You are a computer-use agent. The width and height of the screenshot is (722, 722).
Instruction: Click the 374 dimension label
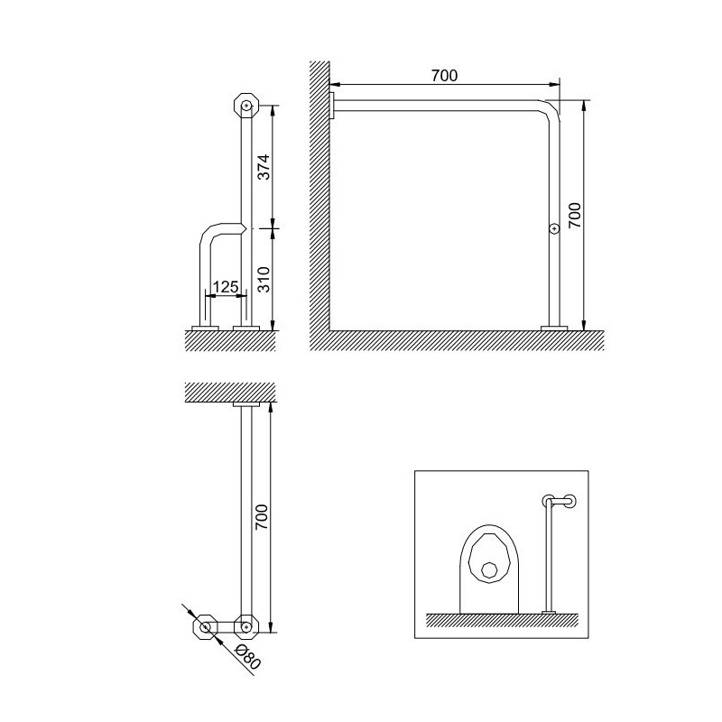(264, 167)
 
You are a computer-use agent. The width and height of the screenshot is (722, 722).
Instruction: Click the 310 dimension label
(264, 279)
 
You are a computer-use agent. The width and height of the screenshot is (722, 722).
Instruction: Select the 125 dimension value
(226, 287)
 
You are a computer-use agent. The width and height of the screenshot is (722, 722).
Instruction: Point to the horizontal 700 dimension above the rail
(444, 75)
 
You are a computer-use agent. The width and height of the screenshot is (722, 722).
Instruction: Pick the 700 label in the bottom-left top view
(262, 516)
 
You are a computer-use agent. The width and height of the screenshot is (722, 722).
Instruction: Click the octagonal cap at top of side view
(246, 106)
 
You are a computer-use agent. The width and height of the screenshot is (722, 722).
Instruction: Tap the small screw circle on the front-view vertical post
(555, 228)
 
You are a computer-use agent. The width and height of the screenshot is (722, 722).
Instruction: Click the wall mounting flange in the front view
(332, 106)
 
